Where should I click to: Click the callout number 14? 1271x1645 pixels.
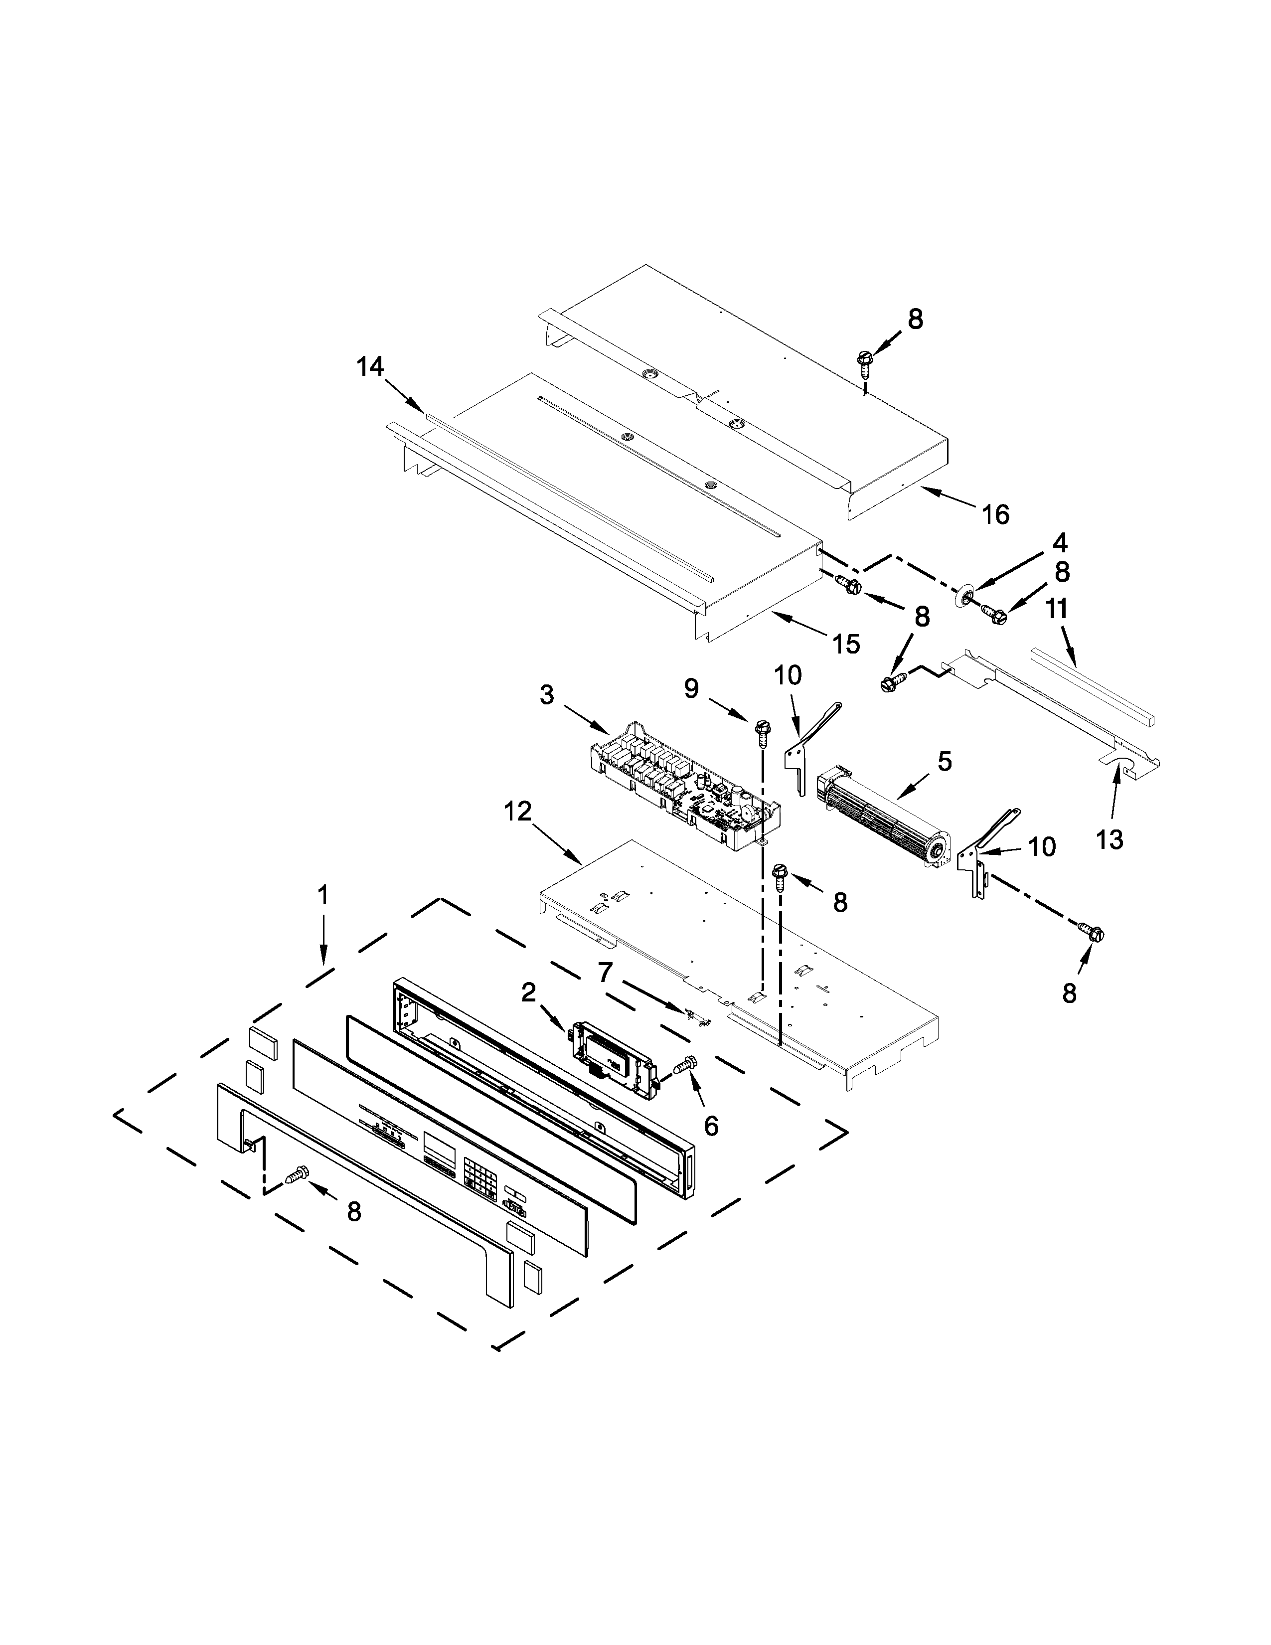[370, 367]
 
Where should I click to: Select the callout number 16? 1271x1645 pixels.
[995, 515]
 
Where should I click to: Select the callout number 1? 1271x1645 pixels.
[323, 896]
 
